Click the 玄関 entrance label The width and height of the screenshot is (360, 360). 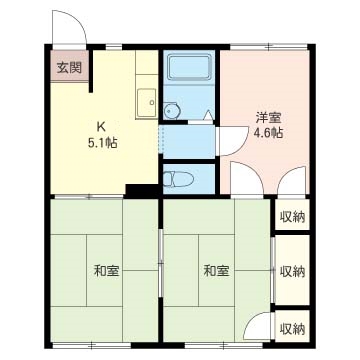pos(69,68)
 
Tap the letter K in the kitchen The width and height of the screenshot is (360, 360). pos(100,125)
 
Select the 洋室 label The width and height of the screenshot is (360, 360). pos(267,116)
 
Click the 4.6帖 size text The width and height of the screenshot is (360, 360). pos(267,131)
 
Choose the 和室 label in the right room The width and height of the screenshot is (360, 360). pos(215,270)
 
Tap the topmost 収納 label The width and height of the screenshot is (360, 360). pos(292,217)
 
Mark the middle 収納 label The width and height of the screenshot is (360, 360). pos(292,271)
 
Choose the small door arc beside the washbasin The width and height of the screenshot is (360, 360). pos(208,116)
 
